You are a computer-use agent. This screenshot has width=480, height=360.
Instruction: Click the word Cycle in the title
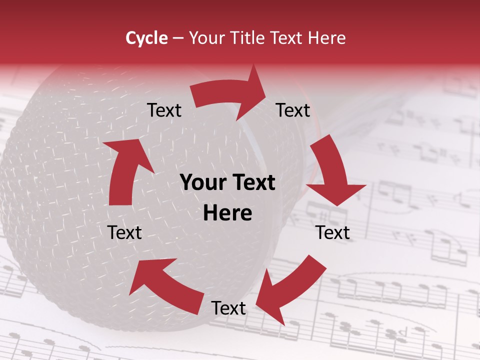click(146, 38)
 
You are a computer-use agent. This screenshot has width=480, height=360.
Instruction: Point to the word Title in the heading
click(248, 38)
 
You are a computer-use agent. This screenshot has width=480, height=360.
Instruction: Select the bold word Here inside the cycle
click(227, 213)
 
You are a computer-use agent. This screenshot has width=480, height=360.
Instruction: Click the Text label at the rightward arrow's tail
click(164, 110)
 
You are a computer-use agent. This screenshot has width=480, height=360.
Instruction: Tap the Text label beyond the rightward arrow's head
click(293, 110)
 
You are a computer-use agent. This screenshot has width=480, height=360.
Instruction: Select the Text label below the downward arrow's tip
click(332, 232)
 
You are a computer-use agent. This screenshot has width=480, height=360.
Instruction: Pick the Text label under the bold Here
click(228, 308)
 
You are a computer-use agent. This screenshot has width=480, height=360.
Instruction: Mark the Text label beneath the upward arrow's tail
click(125, 232)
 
